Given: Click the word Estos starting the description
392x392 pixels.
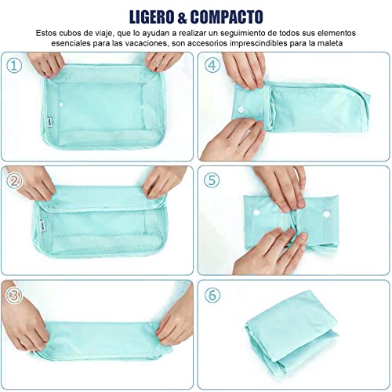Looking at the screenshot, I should click(x=48, y=33).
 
